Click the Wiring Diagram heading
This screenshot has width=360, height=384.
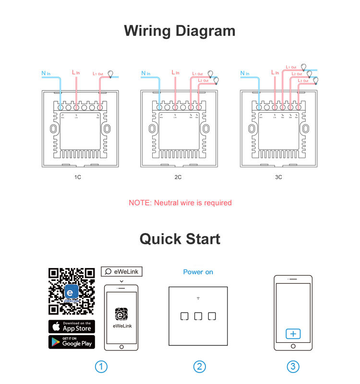point(180,31)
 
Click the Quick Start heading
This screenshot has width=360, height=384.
point(180,239)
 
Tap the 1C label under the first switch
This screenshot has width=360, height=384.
point(78,177)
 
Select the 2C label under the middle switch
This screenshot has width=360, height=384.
point(178,177)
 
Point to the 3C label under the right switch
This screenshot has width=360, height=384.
point(278,177)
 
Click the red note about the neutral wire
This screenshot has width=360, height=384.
point(180,203)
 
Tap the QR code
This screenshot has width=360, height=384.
point(72,291)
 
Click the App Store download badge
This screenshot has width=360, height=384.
point(72,326)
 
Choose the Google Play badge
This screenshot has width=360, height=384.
point(72,342)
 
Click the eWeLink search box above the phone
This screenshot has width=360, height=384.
point(121,271)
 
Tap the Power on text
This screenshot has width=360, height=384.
point(198,272)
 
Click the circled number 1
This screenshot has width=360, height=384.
point(101,367)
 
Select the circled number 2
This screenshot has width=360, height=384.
point(199,367)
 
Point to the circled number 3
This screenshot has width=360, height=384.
point(293,367)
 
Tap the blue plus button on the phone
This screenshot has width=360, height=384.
point(293,334)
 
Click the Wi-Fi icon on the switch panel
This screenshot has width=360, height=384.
point(198,299)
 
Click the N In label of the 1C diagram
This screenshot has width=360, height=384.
point(46,73)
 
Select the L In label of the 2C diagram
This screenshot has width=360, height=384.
point(176,72)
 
